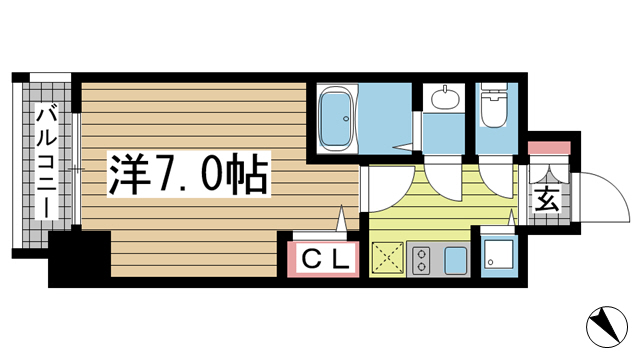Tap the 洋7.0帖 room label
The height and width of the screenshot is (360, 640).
click(187, 177)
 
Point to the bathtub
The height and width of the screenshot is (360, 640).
click(338, 118)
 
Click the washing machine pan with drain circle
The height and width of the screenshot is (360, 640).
click(498, 258)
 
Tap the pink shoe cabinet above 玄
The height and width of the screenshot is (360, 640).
click(548, 148)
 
